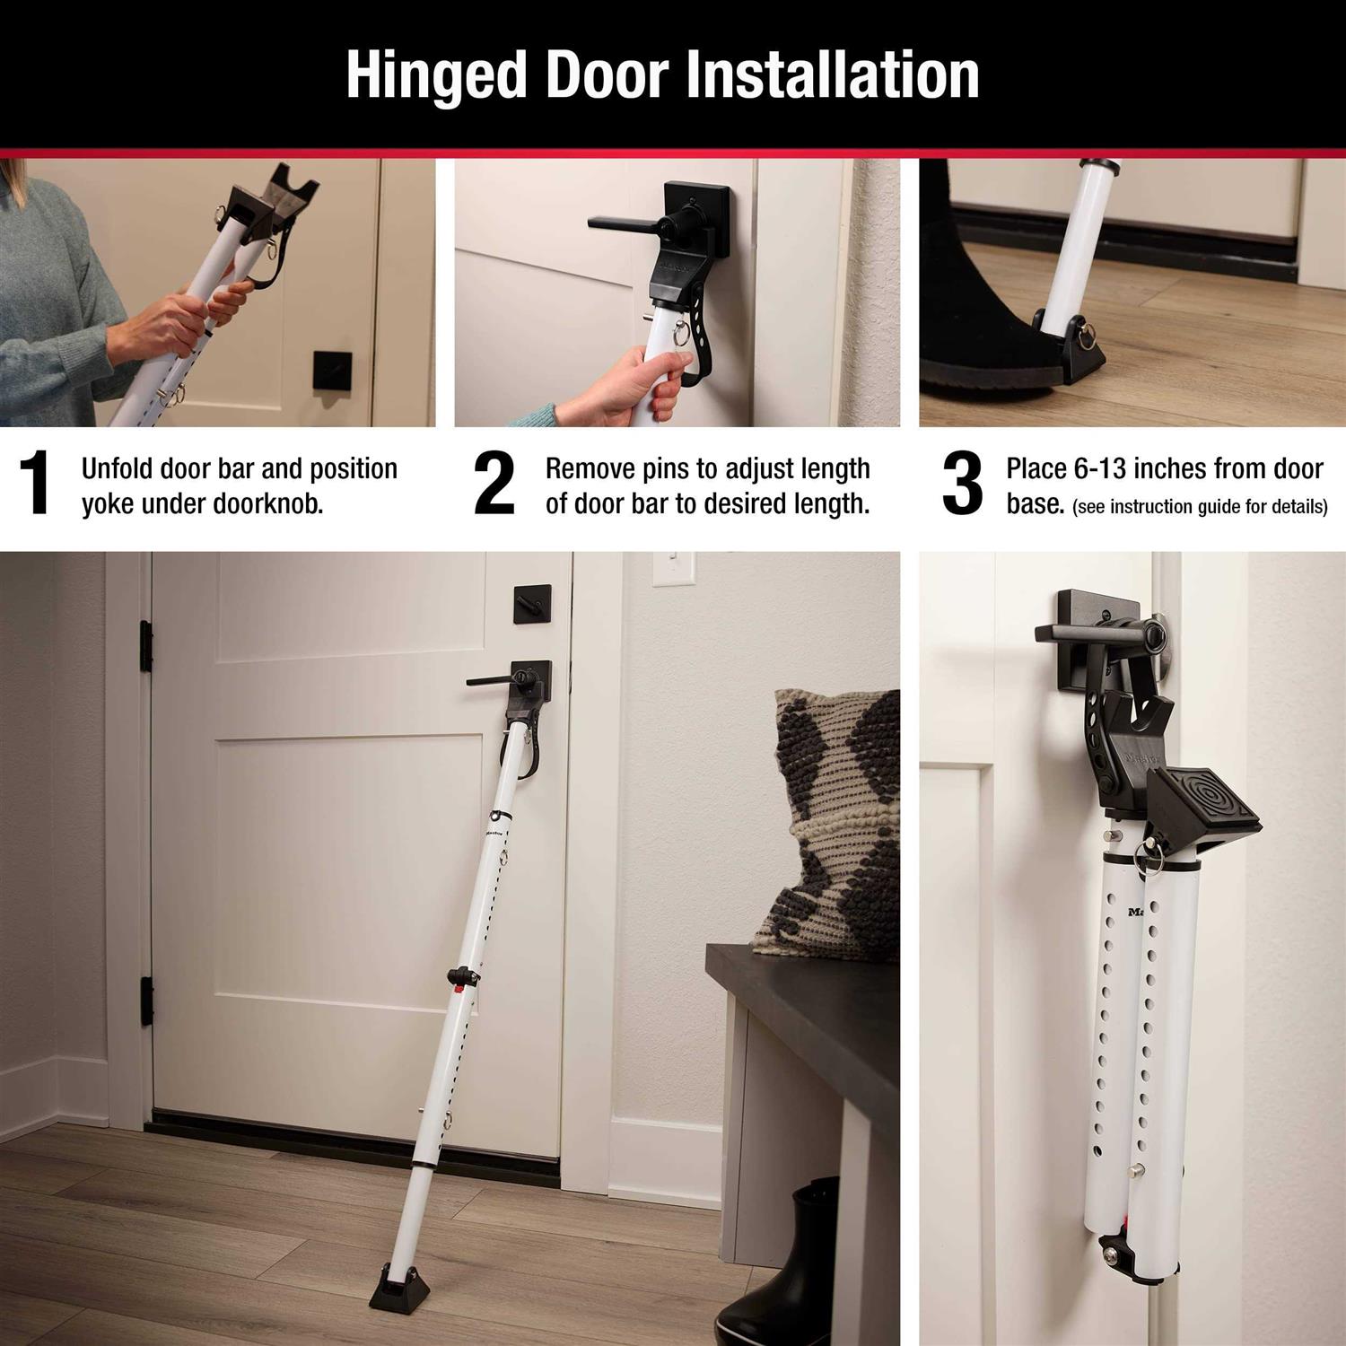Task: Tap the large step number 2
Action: point(494,484)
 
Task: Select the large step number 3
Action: point(962,484)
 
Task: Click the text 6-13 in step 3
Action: point(1106,469)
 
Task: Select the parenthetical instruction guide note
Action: point(1200,507)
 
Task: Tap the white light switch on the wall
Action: point(673,569)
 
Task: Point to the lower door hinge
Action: point(146,1001)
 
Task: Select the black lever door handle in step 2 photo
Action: point(628,221)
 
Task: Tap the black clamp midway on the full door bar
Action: point(463,976)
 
